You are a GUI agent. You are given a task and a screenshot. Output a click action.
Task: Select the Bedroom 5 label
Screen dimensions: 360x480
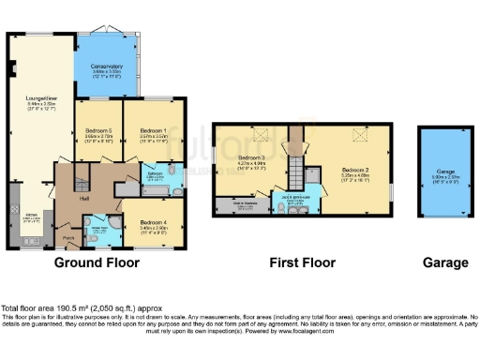97,130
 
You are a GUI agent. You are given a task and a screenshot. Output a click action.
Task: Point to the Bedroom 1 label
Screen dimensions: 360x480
153,130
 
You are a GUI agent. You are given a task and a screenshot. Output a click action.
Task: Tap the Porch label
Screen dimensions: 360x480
67,238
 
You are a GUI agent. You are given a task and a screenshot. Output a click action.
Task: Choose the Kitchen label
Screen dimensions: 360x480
30,220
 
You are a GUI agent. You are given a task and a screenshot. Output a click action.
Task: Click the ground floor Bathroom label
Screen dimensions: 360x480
156,173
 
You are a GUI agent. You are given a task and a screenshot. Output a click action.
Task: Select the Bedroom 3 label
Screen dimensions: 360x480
252,157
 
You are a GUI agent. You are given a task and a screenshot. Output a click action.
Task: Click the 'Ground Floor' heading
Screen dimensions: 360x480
97,263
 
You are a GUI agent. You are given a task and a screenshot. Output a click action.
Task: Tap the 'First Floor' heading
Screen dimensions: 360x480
303,263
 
